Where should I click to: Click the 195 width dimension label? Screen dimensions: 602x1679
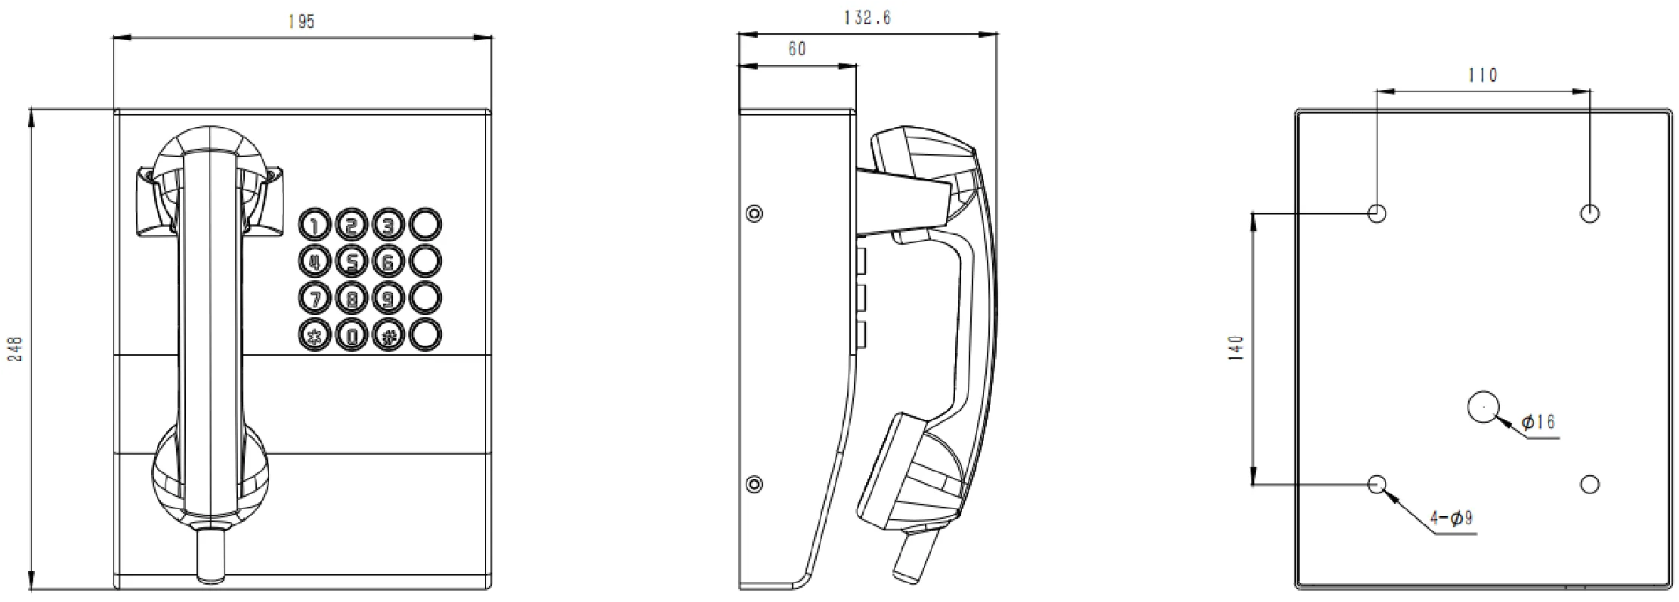[x=301, y=21]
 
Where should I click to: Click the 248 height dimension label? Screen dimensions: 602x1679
[x=15, y=349]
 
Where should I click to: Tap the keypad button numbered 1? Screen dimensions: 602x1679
[x=314, y=224]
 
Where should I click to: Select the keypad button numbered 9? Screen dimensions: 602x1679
[x=388, y=298]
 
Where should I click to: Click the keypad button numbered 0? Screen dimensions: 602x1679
[x=351, y=335]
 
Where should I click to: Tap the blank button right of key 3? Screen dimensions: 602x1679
[x=425, y=224]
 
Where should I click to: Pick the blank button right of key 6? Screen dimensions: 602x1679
[x=425, y=261]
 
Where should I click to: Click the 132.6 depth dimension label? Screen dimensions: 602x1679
[x=867, y=17]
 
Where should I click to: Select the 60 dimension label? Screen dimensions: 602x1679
[x=796, y=49]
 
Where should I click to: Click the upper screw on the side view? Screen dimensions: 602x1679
[x=753, y=213]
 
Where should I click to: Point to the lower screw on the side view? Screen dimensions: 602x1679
[x=753, y=483]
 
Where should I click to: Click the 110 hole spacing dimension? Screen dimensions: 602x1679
[x=1482, y=76]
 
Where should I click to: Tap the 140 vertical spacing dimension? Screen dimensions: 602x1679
[x=1236, y=349]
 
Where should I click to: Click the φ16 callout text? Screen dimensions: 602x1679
[x=1538, y=421]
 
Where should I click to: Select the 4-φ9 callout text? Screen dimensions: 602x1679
[x=1451, y=518]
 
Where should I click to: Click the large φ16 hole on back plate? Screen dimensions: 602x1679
[x=1483, y=406]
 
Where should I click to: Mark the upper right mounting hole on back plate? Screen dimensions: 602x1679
[x=1590, y=213]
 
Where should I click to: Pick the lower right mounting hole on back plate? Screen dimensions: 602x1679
[x=1590, y=484]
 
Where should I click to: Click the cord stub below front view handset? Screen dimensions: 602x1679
[x=211, y=555]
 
